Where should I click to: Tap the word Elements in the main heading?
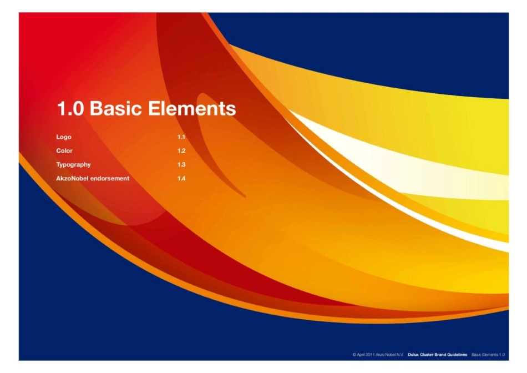[192, 108]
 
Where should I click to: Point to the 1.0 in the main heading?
[70, 108]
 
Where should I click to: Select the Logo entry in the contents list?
[64, 137]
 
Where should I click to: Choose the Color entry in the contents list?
[64, 150]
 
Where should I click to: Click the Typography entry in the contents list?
[73, 164]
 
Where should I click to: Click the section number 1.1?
[181, 137]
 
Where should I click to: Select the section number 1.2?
[181, 150]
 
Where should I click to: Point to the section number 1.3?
[181, 164]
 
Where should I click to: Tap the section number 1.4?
[181, 178]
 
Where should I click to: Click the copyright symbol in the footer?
[354, 354]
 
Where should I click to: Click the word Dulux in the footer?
[413, 354]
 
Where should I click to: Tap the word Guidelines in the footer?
[457, 354]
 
